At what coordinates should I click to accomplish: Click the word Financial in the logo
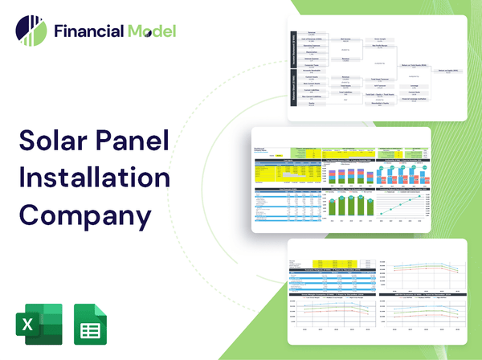click(x=87, y=32)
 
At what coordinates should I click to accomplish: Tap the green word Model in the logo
click(x=150, y=32)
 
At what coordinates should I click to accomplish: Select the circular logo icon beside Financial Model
click(x=31, y=32)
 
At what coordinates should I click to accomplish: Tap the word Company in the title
click(x=84, y=215)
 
